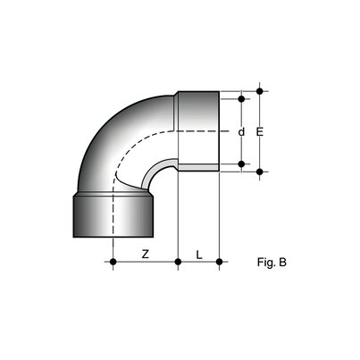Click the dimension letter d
pyautogui.click(x=241, y=131)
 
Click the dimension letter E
pyautogui.click(x=260, y=130)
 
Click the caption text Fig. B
pyautogui.click(x=271, y=263)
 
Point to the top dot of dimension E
pyautogui.click(x=260, y=91)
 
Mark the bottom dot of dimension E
pyautogui.click(x=260, y=171)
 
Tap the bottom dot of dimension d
pyautogui.click(x=241, y=163)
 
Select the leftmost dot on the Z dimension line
pyautogui.click(x=113, y=263)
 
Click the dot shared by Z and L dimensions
pyautogui.click(x=179, y=263)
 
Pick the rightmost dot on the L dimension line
pyautogui.click(x=219, y=263)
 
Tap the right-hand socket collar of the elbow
pyautogui.click(x=198, y=131)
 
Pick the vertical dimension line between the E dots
pyautogui.click(x=260, y=152)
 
